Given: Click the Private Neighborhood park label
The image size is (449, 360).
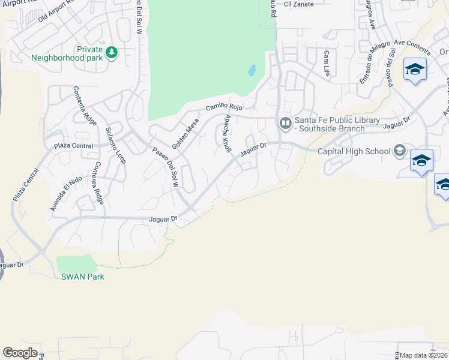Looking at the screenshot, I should pos(67,54).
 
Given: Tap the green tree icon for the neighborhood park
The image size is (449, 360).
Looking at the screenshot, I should pos(111,53).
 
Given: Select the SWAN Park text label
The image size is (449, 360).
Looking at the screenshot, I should pos(82,277).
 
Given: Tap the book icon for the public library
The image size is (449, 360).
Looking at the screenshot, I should pos(285,124).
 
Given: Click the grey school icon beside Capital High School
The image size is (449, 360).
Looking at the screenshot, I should pos(399,151).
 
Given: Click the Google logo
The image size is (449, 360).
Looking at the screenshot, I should pos(20,353).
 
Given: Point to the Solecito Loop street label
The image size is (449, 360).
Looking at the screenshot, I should pos(115,145).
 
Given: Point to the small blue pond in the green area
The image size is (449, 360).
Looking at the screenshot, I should pos(252,71).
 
